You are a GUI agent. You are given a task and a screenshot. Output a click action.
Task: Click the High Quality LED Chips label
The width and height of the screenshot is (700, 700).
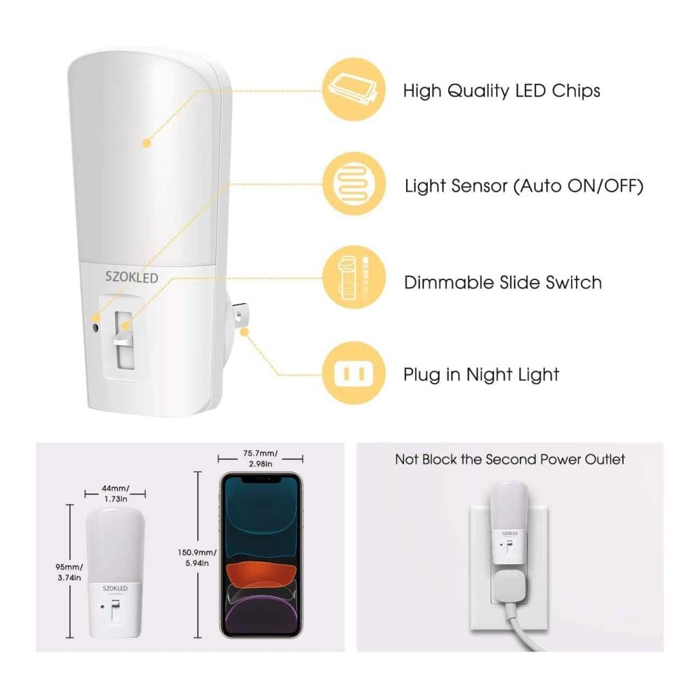coord(501,90)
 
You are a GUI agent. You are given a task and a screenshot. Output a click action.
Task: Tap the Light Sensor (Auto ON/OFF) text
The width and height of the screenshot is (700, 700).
coord(524,186)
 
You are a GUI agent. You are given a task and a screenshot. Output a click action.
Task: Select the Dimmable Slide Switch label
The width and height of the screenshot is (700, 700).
coord(503,283)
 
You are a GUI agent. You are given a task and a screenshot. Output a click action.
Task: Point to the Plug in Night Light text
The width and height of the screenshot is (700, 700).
coord(482,374)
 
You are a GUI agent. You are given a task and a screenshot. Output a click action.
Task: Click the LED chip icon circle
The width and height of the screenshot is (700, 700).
coord(354,90)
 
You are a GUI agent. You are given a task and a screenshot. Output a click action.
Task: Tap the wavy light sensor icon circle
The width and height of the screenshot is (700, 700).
coord(354,184)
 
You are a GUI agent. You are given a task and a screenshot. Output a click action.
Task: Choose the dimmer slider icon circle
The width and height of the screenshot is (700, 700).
coord(354,277)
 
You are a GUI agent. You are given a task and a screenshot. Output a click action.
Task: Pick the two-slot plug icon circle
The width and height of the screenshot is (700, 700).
coord(354,373)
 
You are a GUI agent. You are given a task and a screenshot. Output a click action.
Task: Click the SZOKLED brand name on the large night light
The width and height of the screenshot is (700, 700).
coord(132,277)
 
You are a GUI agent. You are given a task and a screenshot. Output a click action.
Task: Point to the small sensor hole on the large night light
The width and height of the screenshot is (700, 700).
coord(95,328)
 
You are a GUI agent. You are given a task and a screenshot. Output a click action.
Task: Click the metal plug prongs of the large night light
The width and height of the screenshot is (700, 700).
coord(239,317)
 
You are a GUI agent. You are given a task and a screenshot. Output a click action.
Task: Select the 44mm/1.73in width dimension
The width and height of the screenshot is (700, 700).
coord(115,493)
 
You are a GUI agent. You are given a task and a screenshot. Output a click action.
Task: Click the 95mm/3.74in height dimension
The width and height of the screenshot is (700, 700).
coord(69,573)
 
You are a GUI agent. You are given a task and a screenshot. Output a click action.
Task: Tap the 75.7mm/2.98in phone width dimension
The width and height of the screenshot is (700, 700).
coord(260,458)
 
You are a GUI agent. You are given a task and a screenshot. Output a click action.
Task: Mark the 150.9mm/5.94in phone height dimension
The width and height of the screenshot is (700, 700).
coord(197,558)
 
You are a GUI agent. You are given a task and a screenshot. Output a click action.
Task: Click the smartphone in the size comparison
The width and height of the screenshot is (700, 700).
coord(261,555)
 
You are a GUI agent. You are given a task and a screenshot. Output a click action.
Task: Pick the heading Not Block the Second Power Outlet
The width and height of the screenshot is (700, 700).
coord(510,459)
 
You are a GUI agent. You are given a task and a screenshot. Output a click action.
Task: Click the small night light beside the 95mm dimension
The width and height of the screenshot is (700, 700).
coord(115,573)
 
